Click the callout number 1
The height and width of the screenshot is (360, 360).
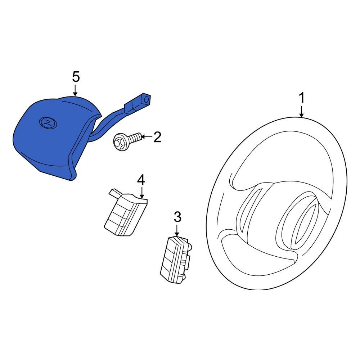(x=302, y=98)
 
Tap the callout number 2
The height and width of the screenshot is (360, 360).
(x=157, y=137)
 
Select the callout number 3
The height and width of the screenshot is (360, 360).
(x=177, y=217)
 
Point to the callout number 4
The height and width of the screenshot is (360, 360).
(x=141, y=179)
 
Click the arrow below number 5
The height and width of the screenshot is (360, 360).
(x=76, y=90)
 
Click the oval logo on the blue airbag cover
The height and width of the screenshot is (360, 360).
(x=48, y=122)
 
